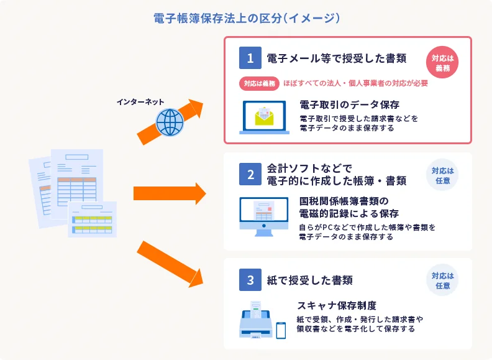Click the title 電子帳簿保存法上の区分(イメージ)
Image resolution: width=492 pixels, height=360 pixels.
point(246,18)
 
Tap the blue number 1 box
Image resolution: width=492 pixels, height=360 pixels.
point(250,58)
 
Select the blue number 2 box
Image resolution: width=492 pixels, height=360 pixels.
point(250,175)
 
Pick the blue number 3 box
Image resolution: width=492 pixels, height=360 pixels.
point(250,280)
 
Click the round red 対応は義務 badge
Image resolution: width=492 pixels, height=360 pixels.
point(442,63)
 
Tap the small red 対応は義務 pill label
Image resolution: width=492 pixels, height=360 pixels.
point(259,83)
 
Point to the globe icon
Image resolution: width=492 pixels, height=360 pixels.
point(170,122)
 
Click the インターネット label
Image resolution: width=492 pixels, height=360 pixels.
point(140,101)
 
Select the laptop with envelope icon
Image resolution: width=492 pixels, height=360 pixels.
point(263,117)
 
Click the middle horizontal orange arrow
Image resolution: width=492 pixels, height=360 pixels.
point(169,193)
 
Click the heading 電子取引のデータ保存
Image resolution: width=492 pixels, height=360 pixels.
point(349,104)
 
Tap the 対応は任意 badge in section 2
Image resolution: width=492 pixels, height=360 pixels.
point(442,176)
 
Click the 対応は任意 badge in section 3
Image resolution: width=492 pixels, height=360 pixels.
point(442,280)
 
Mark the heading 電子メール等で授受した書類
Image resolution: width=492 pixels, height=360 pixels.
point(336,58)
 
